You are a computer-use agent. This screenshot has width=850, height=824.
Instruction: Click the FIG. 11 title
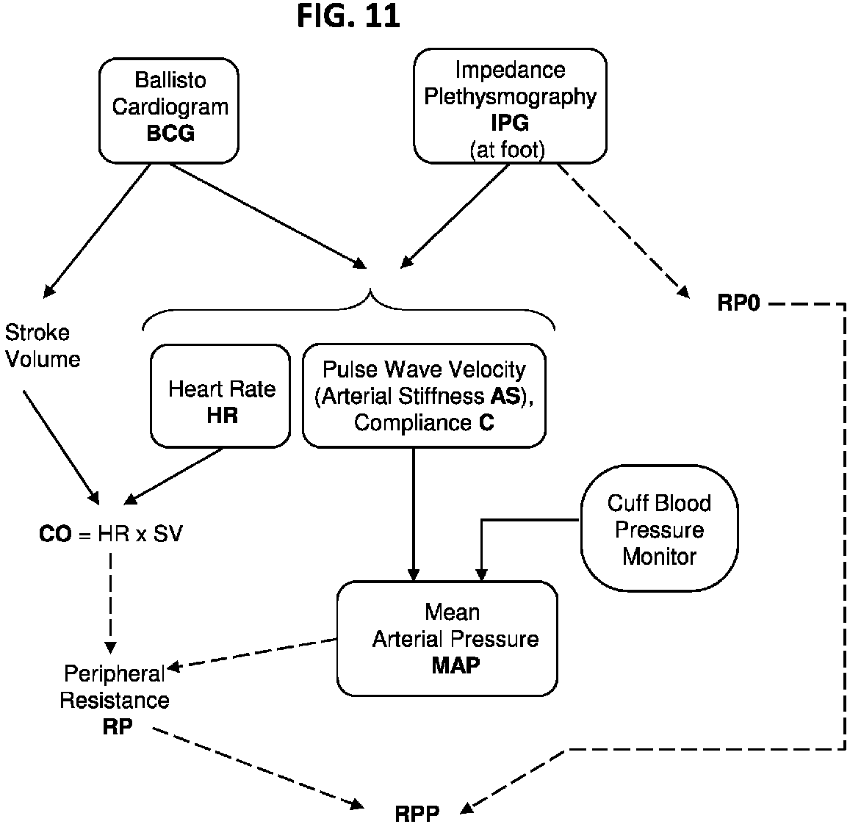pos(348,15)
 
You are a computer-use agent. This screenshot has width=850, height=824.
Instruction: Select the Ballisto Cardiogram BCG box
pos(168,110)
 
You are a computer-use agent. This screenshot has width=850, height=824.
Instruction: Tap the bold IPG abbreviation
pos(510,123)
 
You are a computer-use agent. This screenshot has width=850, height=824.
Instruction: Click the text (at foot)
pos(508,150)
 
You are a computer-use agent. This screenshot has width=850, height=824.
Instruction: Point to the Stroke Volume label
pos(43,346)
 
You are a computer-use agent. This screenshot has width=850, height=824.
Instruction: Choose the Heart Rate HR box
pos(220,396)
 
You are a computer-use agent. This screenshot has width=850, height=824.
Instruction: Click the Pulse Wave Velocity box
pos(424,396)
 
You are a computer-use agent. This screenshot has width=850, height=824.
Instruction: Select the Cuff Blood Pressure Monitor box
pos(659,527)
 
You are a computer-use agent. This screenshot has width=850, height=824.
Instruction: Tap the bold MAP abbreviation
pos(455,665)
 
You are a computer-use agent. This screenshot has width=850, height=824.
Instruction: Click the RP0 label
pos(739,303)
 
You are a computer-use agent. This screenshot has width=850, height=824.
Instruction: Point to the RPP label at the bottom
pos(417,814)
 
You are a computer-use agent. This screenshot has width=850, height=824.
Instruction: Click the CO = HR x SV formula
pos(111,534)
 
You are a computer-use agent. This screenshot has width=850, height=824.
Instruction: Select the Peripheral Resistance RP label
pos(115,700)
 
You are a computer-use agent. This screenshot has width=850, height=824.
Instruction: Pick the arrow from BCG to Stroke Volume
pos(96,231)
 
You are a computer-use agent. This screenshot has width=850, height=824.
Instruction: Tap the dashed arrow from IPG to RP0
pos(624,231)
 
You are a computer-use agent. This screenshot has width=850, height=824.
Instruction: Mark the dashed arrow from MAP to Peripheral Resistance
pos(252,654)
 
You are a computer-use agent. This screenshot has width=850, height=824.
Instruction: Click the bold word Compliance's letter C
pos(487,422)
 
